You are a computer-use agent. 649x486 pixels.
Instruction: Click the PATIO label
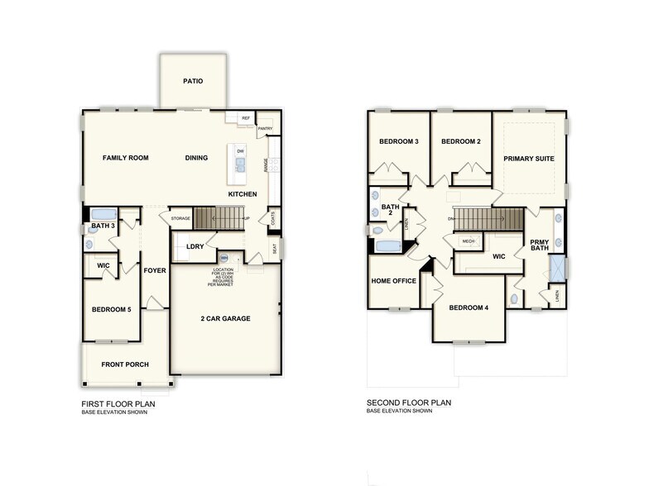click(193, 81)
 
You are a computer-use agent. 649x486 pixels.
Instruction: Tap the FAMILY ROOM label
click(125, 157)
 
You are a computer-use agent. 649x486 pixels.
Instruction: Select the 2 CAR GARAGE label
click(225, 318)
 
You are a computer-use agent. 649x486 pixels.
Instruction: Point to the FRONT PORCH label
click(124, 364)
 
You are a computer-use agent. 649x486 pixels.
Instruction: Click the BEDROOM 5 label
click(112, 309)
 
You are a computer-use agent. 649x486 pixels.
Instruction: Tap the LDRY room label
click(195, 246)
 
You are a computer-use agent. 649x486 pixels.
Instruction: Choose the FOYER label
click(155, 270)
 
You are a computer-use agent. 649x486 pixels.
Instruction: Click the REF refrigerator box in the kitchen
click(246, 119)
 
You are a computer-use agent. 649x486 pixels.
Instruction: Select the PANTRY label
click(266, 129)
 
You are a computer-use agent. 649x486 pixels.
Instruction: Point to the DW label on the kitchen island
click(240, 151)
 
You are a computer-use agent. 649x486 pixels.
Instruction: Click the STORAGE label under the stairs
click(180, 218)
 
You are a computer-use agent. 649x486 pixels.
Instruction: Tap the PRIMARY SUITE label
click(529, 158)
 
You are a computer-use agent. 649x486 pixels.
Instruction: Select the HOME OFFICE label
click(393, 281)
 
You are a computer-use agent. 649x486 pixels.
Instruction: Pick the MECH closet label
click(468, 241)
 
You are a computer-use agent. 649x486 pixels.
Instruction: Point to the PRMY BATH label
click(540, 244)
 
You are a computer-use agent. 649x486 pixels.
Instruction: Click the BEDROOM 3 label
click(398, 141)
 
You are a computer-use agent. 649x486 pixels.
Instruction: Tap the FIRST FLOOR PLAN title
click(118, 403)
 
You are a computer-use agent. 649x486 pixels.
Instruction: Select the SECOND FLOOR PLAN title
click(409, 403)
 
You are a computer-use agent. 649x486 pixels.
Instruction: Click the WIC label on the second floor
click(498, 256)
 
